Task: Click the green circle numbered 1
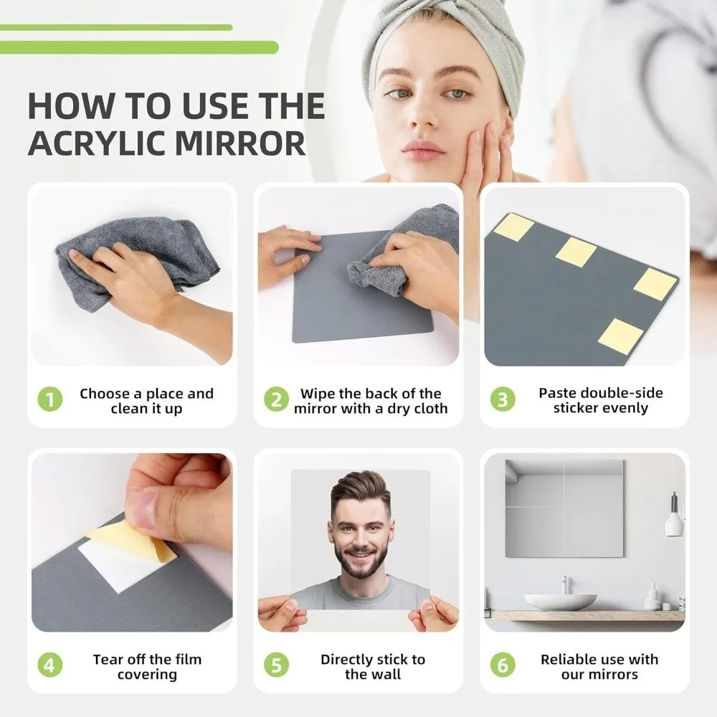click(x=49, y=400)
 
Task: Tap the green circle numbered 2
click(x=276, y=400)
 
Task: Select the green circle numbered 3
click(x=503, y=400)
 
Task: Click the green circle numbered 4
click(x=49, y=665)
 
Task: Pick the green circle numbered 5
click(x=276, y=665)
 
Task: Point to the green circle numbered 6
click(x=503, y=665)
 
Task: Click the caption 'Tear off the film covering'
click(x=147, y=667)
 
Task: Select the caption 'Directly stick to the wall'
click(x=372, y=667)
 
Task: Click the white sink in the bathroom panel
click(x=560, y=601)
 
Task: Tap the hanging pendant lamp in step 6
click(x=673, y=522)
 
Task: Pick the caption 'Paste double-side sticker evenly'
click(x=600, y=401)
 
